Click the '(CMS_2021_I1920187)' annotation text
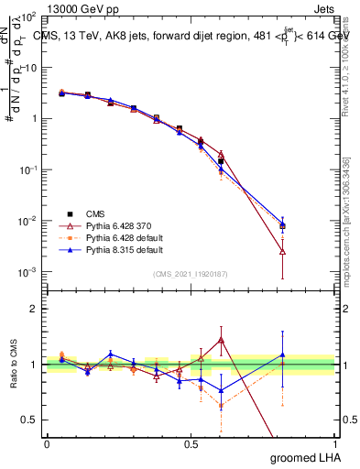190,274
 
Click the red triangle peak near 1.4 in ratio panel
221,340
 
